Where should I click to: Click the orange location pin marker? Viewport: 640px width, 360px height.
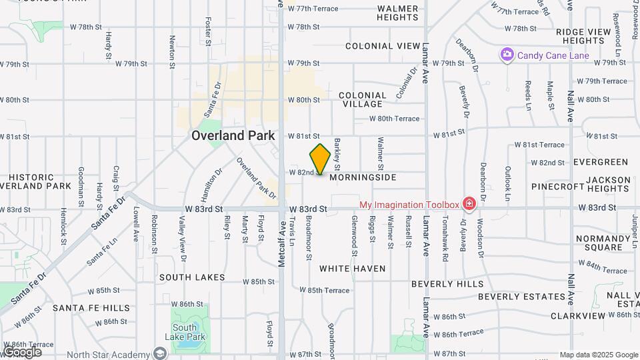point(320,159)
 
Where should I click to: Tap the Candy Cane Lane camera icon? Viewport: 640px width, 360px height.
point(507,55)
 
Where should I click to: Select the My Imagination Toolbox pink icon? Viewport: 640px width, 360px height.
point(469,203)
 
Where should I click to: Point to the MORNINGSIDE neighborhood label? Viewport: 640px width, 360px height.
point(363,177)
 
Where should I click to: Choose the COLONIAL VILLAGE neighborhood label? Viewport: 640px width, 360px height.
point(363,99)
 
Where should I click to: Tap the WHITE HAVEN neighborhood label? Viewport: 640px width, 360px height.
point(352,269)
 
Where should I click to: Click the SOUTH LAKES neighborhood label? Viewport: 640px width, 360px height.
point(191,277)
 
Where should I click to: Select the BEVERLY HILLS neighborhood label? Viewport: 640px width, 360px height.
point(447,283)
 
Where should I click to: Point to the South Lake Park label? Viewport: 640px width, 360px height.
point(185,331)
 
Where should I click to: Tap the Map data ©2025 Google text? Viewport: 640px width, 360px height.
point(598,355)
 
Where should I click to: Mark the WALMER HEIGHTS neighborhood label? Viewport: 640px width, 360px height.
point(397,13)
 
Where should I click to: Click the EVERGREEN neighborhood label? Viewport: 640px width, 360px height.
point(601,162)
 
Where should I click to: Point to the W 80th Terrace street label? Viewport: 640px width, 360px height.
point(395,119)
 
